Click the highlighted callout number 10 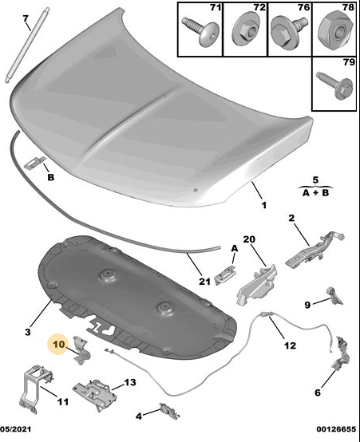tap(59, 344)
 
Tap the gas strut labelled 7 tap(26, 45)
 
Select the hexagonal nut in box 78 tap(335, 30)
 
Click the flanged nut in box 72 tap(245, 30)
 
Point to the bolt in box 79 tap(335, 85)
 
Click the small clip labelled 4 tap(169, 411)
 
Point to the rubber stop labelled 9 tap(335, 296)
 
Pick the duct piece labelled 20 tap(257, 285)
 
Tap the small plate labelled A tap(225, 274)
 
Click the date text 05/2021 tap(15, 429)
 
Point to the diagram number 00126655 tap(336, 429)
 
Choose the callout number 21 tap(204, 281)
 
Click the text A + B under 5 tap(315, 193)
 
